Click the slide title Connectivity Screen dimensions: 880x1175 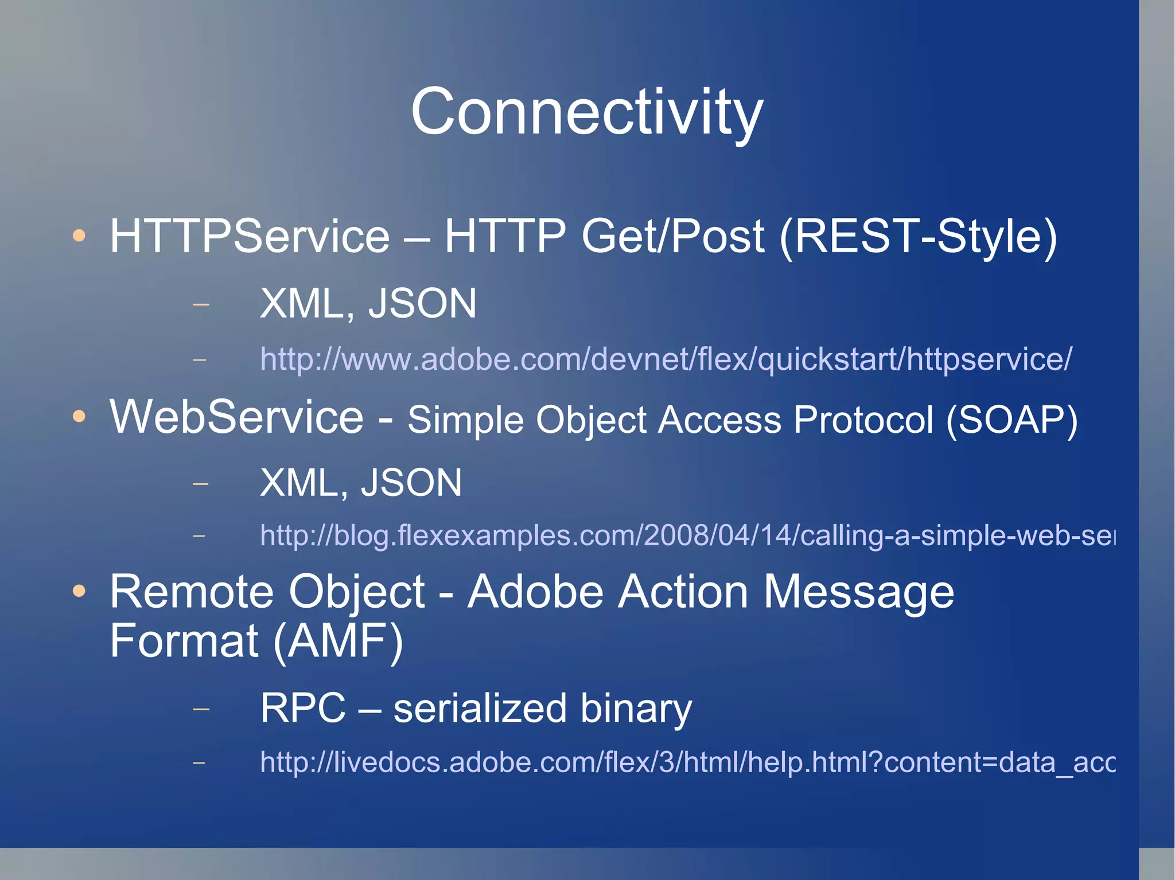[x=586, y=112]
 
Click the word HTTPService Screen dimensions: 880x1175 [x=250, y=236]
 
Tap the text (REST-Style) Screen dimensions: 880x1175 [x=918, y=236]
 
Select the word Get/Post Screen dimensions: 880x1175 [x=672, y=236]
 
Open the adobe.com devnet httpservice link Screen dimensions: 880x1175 [x=666, y=359]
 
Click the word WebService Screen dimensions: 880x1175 [x=236, y=417]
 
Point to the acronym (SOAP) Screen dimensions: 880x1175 [x=1011, y=420]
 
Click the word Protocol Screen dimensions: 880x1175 [x=863, y=420]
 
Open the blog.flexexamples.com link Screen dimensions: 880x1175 [x=687, y=535]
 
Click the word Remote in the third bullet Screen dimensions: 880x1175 [x=192, y=592]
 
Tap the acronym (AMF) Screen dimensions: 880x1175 [x=338, y=641]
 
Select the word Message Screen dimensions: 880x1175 [x=858, y=592]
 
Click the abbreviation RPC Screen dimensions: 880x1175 [x=303, y=709]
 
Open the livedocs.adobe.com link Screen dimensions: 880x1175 [x=687, y=762]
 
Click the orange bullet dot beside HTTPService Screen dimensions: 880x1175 [x=79, y=236]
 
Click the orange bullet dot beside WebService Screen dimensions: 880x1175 [x=79, y=417]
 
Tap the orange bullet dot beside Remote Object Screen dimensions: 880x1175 [x=79, y=591]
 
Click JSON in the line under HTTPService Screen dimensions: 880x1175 [x=422, y=303]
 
